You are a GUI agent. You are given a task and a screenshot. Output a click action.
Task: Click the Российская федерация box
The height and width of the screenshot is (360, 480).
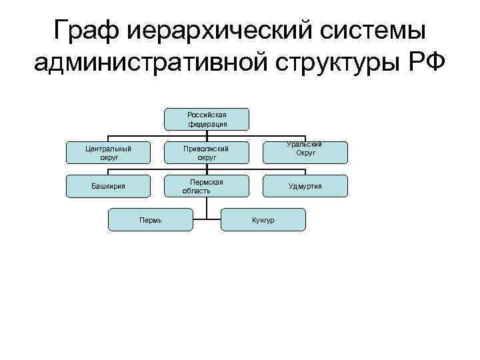[x=207, y=119]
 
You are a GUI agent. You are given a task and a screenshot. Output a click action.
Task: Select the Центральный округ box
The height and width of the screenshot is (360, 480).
[x=109, y=153]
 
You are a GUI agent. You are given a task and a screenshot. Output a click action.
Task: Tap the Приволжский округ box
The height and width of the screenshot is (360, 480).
[x=207, y=153]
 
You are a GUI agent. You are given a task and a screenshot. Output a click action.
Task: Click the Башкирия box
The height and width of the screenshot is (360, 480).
[x=109, y=186]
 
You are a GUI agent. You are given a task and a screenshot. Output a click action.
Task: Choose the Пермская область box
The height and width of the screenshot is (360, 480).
[x=207, y=186]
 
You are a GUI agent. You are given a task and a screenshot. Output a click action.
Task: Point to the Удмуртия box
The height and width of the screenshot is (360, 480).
[x=305, y=186]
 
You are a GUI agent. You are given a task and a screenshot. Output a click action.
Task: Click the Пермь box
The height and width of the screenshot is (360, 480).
[x=151, y=219]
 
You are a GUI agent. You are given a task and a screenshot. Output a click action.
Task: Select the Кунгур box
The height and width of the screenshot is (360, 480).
[x=263, y=219]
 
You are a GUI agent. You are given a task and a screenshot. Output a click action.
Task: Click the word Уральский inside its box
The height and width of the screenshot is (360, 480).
[x=305, y=145]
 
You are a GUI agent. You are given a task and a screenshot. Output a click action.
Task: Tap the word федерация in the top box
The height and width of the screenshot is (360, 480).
[x=207, y=124]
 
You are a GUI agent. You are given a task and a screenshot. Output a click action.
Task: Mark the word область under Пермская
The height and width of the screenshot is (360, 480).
[x=197, y=191]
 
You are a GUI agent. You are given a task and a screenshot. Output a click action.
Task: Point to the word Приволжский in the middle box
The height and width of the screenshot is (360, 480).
[x=207, y=149]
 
